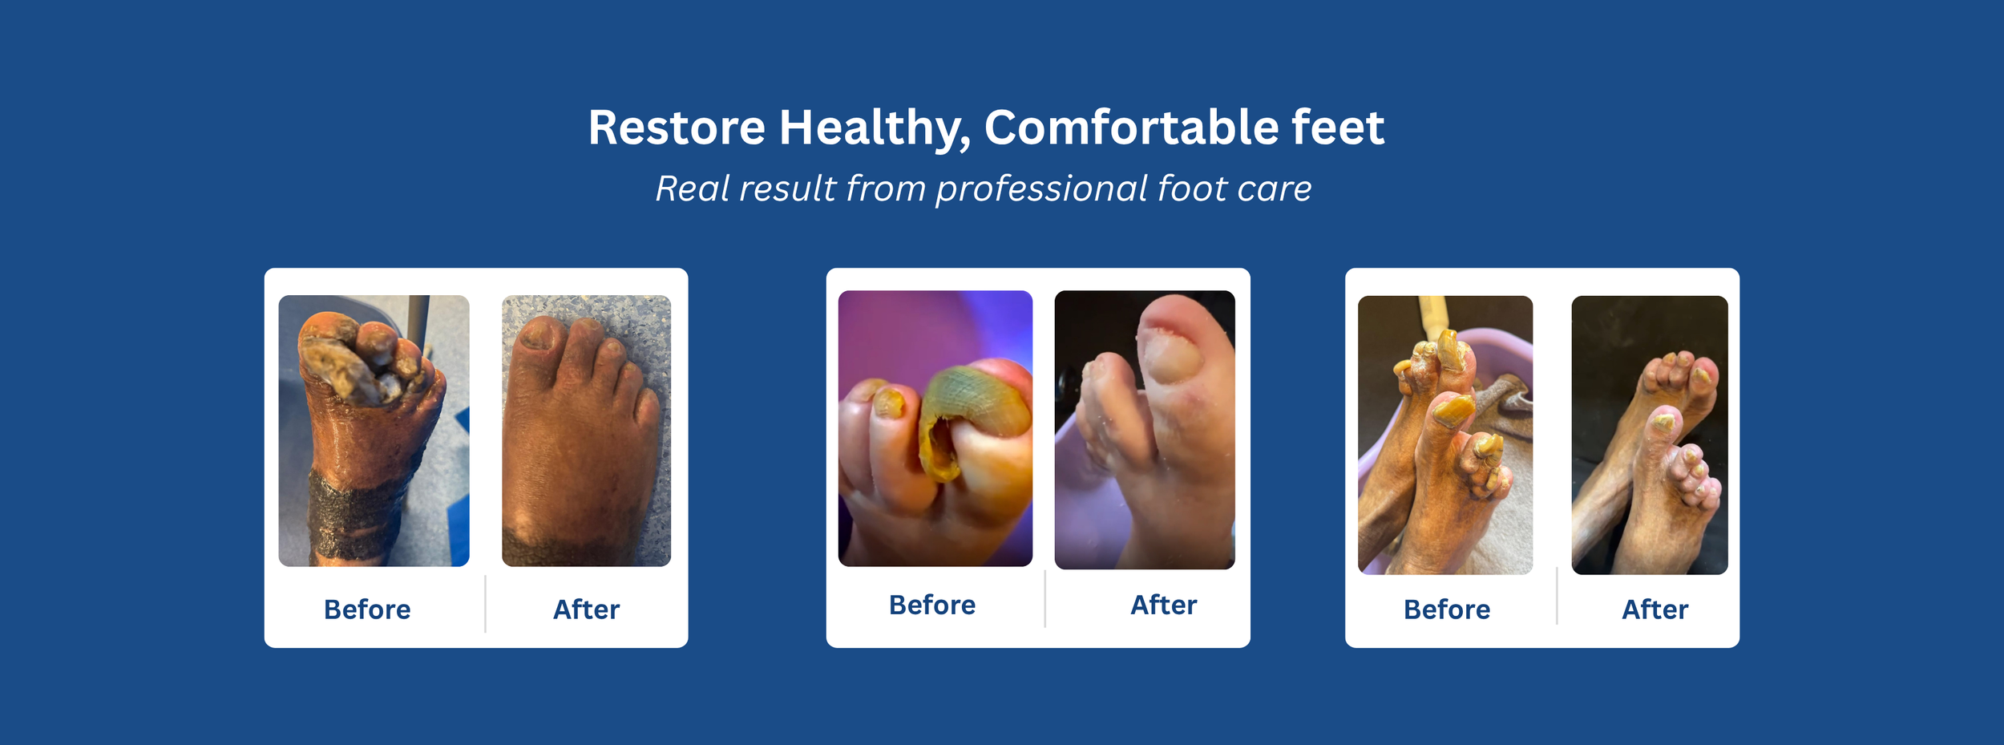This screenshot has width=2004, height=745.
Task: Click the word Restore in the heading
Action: [676, 128]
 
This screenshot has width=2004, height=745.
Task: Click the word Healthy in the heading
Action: [873, 128]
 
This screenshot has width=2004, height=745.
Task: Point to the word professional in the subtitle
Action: [1042, 189]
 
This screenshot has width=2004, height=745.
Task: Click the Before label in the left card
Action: [367, 609]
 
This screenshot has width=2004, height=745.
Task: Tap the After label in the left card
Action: [586, 609]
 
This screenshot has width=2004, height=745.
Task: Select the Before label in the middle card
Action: [932, 605]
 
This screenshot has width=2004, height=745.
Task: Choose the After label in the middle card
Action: [1163, 605]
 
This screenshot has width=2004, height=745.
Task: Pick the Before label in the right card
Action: [1447, 609]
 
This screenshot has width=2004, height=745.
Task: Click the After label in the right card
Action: [1655, 609]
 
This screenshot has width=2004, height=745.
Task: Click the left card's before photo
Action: [374, 431]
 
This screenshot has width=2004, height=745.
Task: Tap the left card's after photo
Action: [586, 431]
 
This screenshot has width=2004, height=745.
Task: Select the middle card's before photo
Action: [935, 428]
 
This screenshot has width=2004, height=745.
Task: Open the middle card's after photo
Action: [1145, 430]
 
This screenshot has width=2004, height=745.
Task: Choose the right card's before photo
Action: [1444, 435]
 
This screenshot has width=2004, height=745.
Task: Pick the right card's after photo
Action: [1650, 435]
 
